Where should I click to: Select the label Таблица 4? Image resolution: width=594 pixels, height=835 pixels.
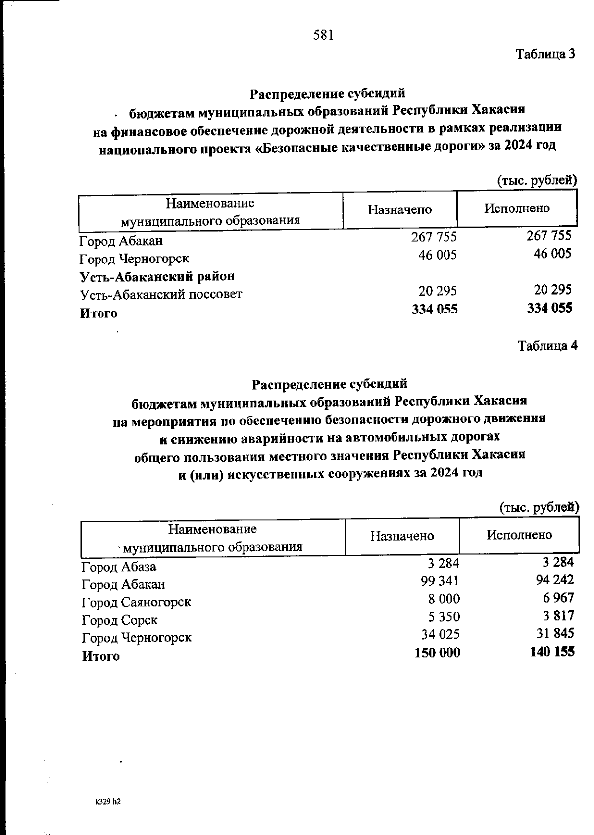(x=547, y=346)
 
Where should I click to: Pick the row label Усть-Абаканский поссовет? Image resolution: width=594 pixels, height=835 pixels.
(x=161, y=295)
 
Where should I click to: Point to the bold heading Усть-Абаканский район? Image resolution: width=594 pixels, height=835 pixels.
(x=157, y=276)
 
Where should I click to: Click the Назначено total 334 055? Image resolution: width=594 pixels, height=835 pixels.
(x=435, y=309)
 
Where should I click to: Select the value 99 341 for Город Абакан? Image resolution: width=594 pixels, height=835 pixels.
(x=440, y=581)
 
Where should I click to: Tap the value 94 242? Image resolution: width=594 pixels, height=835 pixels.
(x=554, y=580)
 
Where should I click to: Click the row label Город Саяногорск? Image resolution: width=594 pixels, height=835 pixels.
(x=136, y=602)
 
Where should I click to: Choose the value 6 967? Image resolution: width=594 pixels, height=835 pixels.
(x=558, y=598)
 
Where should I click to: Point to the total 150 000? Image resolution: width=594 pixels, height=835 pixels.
(x=437, y=653)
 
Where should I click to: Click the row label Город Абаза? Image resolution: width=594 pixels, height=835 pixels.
(x=119, y=567)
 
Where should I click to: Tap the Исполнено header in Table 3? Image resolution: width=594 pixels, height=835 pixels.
(x=517, y=209)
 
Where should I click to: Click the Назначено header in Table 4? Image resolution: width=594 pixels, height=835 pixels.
(x=402, y=536)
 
